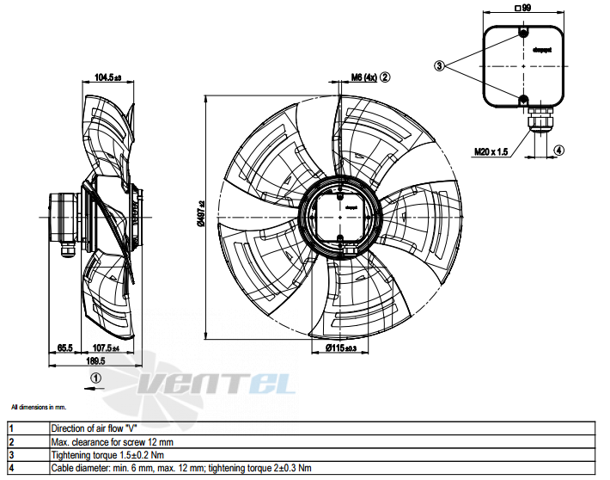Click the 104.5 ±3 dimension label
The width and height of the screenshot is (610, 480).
click(108, 77)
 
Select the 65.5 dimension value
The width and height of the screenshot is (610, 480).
click(64, 348)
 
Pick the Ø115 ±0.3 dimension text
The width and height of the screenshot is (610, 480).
click(341, 348)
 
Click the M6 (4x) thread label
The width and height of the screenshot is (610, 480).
click(364, 77)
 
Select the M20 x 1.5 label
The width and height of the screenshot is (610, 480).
click(491, 151)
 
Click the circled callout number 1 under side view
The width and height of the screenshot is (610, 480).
click(96, 377)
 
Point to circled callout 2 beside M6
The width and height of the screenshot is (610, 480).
click(386, 77)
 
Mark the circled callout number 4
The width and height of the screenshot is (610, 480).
click(559, 151)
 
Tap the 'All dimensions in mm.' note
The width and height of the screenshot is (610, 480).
click(40, 405)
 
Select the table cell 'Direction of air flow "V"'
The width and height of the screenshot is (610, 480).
click(95, 428)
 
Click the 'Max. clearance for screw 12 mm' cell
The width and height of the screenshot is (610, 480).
click(113, 441)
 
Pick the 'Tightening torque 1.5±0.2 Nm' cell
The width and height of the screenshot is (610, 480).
click(107, 454)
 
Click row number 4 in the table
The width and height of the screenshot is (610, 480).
click(12, 467)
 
